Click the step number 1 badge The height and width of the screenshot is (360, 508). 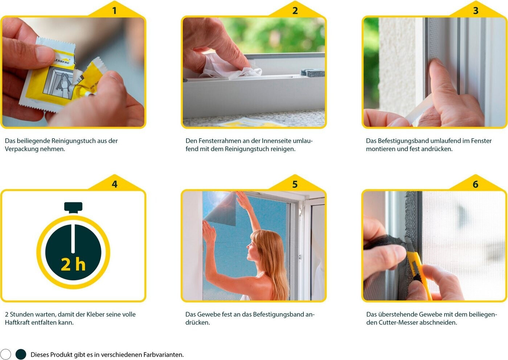coord(115,11)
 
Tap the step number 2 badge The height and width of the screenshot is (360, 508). coord(295,11)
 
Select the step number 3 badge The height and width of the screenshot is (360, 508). coord(476,11)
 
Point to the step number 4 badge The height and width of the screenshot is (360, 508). coord(115,184)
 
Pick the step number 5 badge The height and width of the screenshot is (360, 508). coord(295,184)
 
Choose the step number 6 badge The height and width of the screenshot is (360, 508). coord(476,184)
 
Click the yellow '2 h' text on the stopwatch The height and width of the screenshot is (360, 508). coord(73,265)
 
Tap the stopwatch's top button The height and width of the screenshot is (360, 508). coord(73,207)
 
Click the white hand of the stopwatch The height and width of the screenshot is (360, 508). coord(73,239)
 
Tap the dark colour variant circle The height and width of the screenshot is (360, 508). coord(21,354)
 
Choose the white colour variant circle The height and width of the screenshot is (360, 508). coord(6,354)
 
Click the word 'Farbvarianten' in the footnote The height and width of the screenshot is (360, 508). coord(163,355)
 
